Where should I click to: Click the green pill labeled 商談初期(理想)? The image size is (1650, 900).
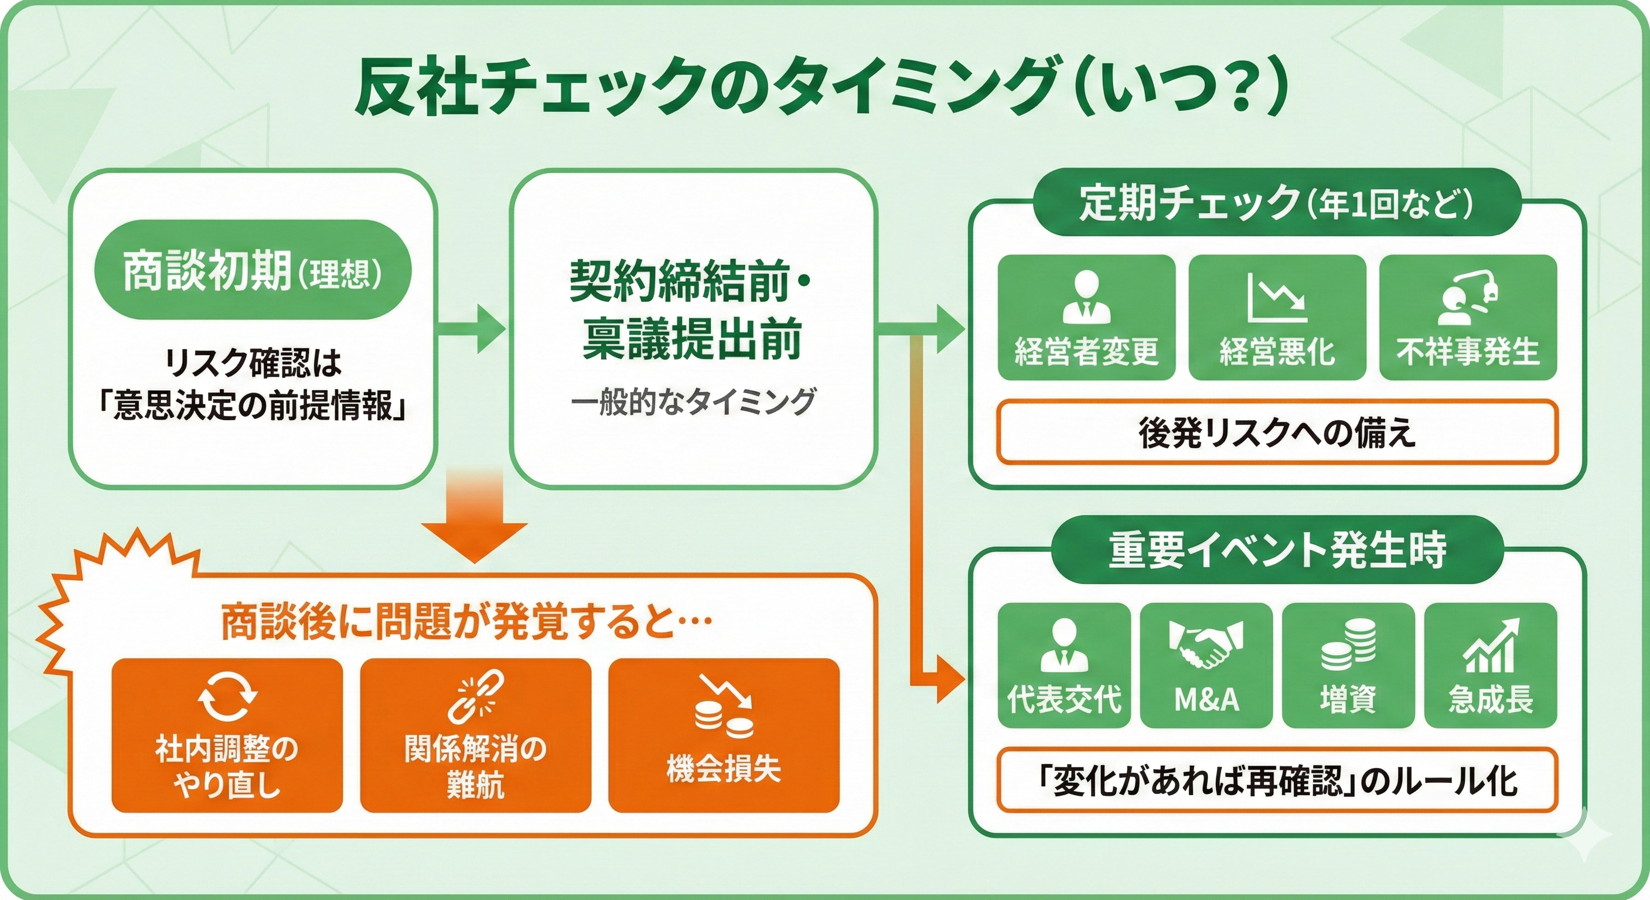[253, 270]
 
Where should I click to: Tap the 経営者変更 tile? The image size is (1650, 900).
[1086, 318]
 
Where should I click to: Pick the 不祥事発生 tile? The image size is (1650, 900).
[1467, 318]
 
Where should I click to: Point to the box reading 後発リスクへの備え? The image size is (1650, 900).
[1277, 432]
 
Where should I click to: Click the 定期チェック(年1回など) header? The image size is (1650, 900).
[1276, 202]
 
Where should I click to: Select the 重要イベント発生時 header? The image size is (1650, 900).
[1277, 549]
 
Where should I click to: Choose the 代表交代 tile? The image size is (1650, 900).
[1064, 665]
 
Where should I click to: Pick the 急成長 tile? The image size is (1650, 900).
[1491, 665]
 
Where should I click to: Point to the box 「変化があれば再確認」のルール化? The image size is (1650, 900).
[1277, 779]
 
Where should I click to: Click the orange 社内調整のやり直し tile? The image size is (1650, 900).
[227, 735]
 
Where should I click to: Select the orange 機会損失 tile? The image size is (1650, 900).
[723, 735]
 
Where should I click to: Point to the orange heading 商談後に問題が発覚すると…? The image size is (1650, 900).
[466, 621]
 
